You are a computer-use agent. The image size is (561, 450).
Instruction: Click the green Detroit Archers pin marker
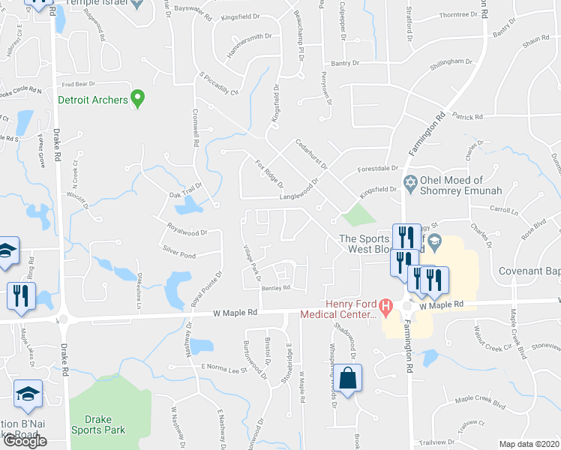pyautogui.click(x=137, y=98)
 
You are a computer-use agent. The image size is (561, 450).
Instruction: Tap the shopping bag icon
pyautogui.click(x=349, y=379)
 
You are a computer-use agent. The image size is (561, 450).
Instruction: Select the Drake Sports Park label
pyautogui.click(x=98, y=424)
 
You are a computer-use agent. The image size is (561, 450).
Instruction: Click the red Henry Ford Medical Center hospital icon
pyautogui.click(x=386, y=306)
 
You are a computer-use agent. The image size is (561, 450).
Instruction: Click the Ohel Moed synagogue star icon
pyautogui.click(x=410, y=182)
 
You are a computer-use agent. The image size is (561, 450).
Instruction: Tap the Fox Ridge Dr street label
pyautogui.click(x=268, y=173)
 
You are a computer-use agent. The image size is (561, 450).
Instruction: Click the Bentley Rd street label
pyautogui.click(x=276, y=288)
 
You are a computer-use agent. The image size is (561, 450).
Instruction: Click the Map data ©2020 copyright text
pyautogui.click(x=529, y=444)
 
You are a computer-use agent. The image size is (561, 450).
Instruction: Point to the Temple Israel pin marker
pyautogui.click(x=136, y=4)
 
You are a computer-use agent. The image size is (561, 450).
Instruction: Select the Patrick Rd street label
pyautogui.click(x=467, y=117)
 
